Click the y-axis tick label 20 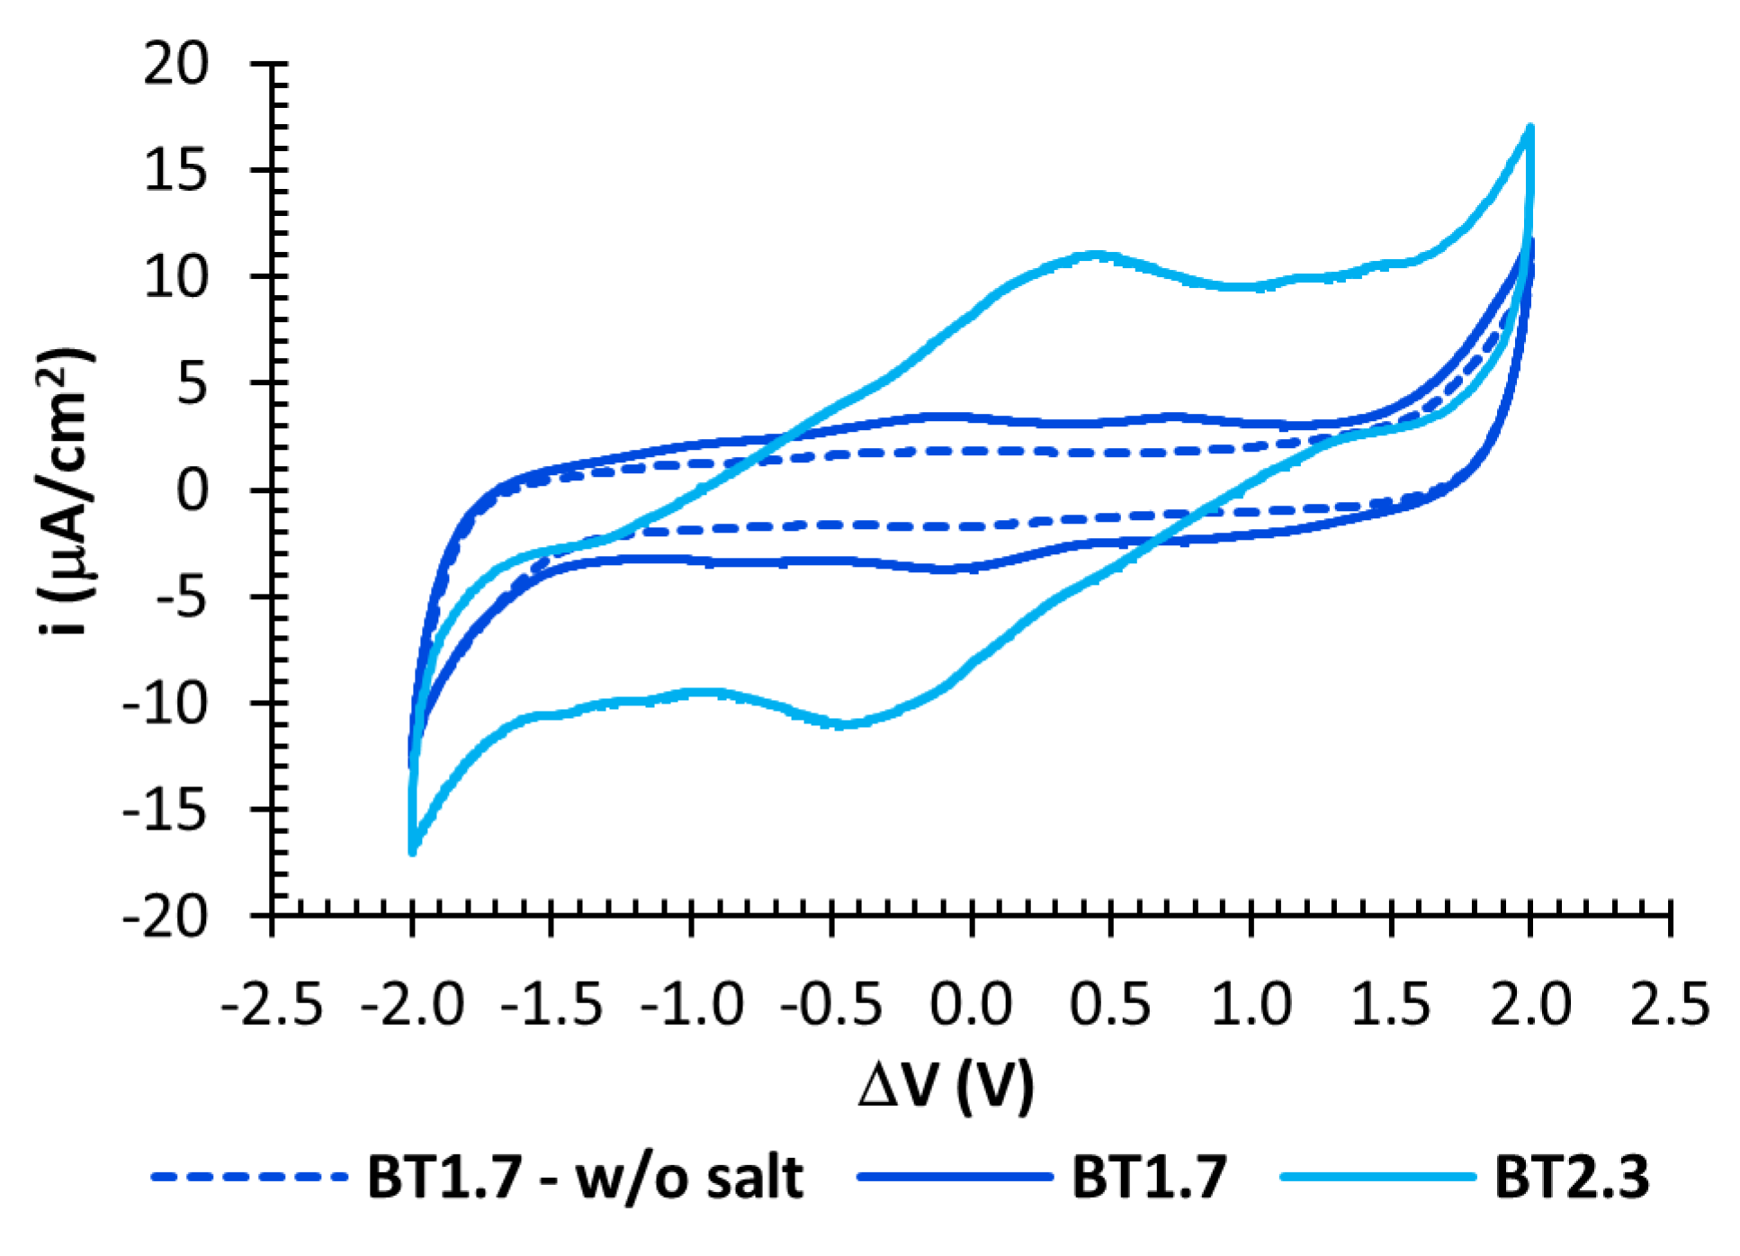click(176, 65)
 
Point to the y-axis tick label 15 click(176, 171)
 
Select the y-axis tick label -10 click(166, 704)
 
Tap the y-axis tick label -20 click(166, 918)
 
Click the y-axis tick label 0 click(192, 491)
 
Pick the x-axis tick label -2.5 click(272, 1004)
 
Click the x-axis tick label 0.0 click(971, 1004)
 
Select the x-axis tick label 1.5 click(1390, 1004)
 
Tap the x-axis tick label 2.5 click(1670, 1004)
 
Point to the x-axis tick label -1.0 click(691, 1004)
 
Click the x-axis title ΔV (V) click(946, 1086)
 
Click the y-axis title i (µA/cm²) click(65, 491)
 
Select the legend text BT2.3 click(1572, 1177)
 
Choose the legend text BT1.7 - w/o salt click(585, 1177)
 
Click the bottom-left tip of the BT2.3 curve click(412, 851)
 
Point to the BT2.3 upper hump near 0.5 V click(1093, 256)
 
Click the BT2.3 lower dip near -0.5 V click(841, 724)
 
